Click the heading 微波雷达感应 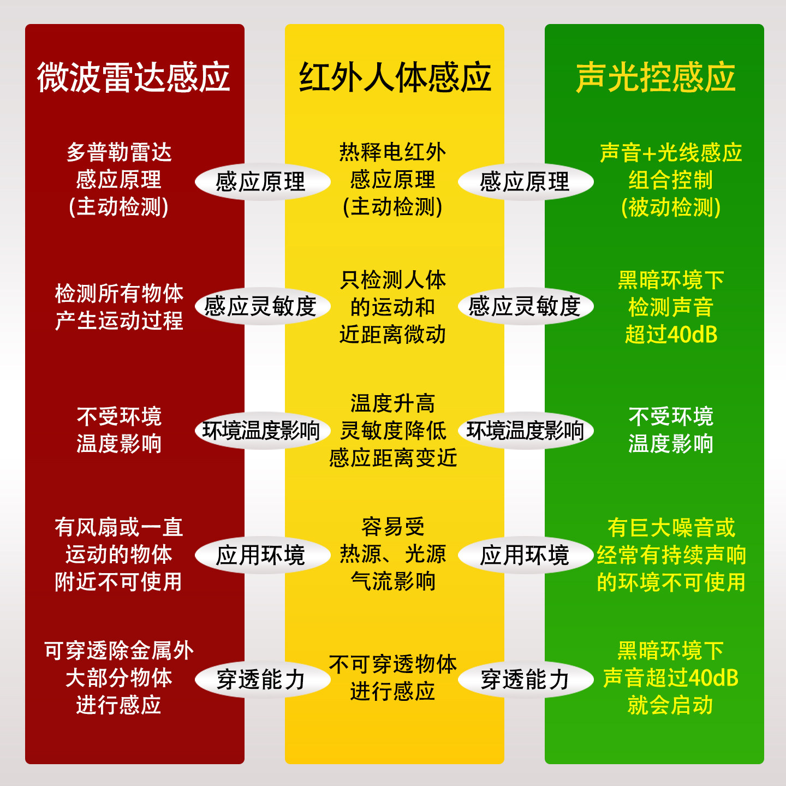point(134,77)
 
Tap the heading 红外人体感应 point(395,77)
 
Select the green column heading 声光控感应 point(656,77)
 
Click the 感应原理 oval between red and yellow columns point(261,182)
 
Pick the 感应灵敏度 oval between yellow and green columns point(525,306)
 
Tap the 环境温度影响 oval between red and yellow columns point(261,431)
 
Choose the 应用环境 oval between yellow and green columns point(525,555)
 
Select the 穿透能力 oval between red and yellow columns point(261,680)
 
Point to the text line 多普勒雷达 point(119,152)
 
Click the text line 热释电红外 point(392,152)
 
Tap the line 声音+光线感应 point(671,153)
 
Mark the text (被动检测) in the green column point(671,207)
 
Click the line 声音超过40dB point(671,678)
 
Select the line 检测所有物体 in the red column point(119,293)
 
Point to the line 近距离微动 point(392,334)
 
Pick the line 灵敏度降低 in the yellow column point(392,431)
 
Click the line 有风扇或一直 point(119,527)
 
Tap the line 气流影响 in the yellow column point(392,582)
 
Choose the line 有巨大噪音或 point(671,528)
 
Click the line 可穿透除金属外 point(119,651)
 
